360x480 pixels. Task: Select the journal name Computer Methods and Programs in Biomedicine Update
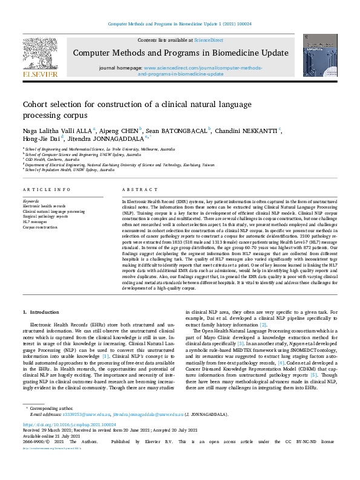click(181, 53)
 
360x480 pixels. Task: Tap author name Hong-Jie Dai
click(41, 138)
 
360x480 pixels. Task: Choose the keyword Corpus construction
click(41, 227)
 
